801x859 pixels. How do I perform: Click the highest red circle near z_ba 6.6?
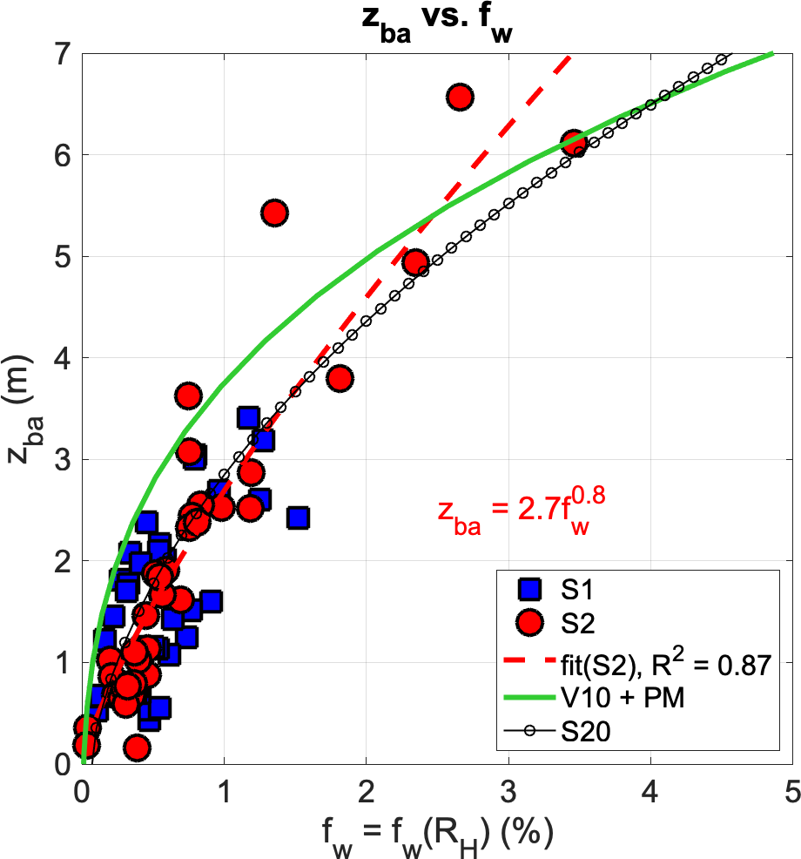point(460,98)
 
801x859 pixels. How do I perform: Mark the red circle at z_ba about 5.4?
point(275,213)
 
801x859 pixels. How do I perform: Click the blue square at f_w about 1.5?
point(299,518)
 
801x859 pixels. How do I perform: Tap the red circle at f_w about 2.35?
point(416,263)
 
